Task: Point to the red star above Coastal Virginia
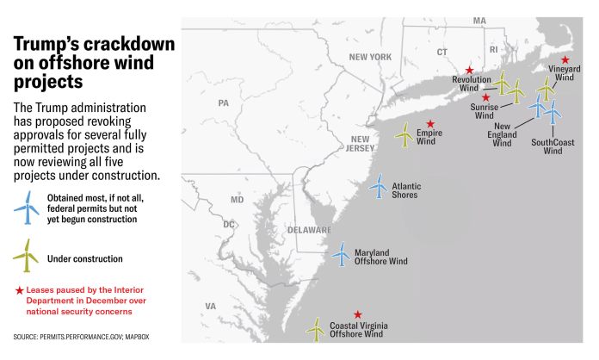point(358,314)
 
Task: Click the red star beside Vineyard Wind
point(565,59)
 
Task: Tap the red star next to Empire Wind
point(431,123)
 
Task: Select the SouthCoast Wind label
point(553,146)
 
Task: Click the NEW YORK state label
point(370,57)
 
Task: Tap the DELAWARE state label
point(310,230)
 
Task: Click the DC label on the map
point(229,225)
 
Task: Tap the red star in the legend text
point(18,289)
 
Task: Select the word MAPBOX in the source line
point(138,334)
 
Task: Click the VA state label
point(210,306)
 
